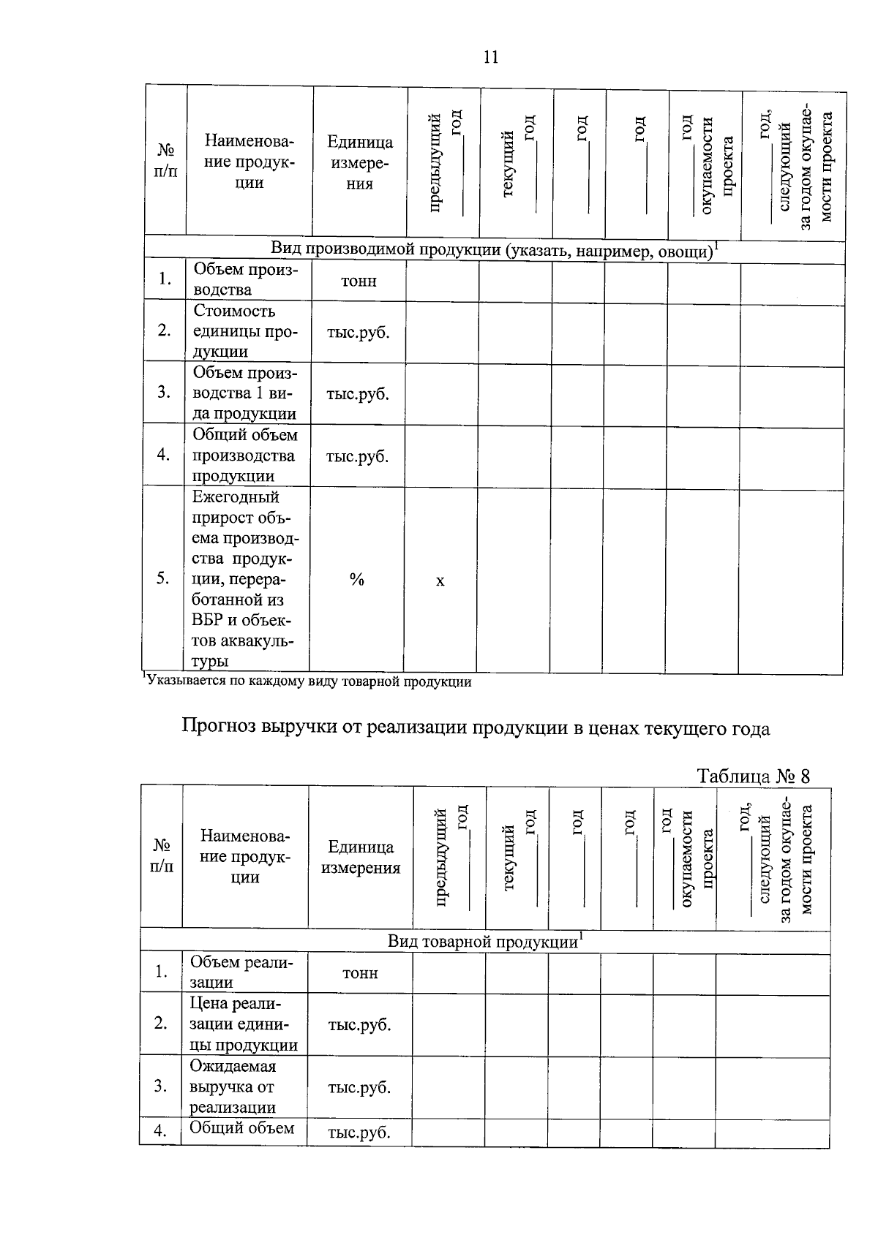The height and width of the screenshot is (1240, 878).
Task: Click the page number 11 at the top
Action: pos(491,57)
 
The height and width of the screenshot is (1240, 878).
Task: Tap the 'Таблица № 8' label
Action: pos(754,776)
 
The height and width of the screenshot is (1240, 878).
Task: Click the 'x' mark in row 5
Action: pos(440,581)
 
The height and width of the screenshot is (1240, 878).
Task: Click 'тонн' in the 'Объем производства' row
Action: pos(359,281)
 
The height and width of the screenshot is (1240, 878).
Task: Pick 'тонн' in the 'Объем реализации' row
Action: pos(360,973)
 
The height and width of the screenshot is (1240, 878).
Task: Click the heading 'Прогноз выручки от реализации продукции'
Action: pos(476,728)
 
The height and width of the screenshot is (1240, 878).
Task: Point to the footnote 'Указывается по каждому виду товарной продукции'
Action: pos(307,682)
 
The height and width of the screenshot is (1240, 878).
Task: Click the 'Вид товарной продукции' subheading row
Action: pos(484,942)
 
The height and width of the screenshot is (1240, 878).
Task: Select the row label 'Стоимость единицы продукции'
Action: pos(244,331)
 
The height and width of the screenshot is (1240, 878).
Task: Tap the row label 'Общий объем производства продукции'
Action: pos(244,455)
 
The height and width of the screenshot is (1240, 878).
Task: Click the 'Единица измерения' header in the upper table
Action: pos(359,162)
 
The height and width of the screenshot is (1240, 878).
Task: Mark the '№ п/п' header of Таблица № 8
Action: pos(162,855)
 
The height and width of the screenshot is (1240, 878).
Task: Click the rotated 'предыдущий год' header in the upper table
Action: pos(444,162)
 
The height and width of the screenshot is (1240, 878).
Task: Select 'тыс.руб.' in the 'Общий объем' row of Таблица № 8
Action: pos(359,1133)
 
